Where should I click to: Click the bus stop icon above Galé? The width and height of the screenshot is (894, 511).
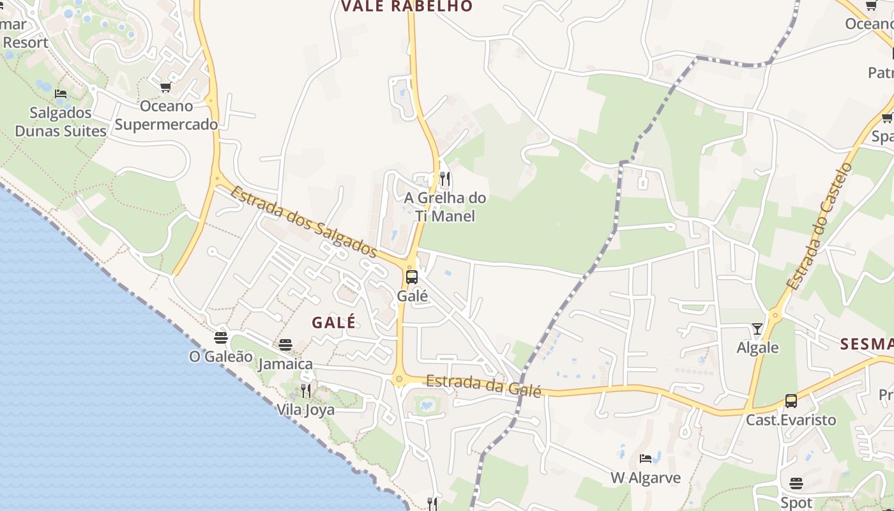click(412, 277)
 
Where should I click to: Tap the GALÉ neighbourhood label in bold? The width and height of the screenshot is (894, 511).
click(334, 323)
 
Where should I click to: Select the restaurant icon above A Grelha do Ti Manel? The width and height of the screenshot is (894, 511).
click(445, 179)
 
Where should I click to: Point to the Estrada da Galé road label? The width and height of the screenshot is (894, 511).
click(483, 385)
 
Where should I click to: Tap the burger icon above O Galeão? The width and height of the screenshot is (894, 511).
click(221, 337)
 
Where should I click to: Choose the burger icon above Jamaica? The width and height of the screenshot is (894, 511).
click(285, 345)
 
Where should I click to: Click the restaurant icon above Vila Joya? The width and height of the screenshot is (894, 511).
click(306, 390)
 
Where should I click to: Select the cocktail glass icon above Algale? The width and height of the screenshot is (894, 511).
click(757, 329)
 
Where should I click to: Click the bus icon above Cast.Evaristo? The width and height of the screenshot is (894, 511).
click(791, 401)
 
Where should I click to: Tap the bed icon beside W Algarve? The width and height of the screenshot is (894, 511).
click(646, 459)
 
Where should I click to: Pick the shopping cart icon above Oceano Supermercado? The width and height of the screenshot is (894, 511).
click(166, 87)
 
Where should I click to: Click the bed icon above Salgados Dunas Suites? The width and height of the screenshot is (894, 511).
click(61, 94)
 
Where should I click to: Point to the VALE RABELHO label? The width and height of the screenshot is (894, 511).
click(407, 6)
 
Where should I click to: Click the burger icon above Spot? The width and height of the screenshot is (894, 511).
click(796, 484)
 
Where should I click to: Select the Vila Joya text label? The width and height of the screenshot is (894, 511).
click(305, 409)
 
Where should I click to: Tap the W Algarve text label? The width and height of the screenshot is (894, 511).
click(646, 478)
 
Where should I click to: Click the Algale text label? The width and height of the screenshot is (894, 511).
click(758, 347)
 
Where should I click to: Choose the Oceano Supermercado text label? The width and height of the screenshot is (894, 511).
click(167, 115)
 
